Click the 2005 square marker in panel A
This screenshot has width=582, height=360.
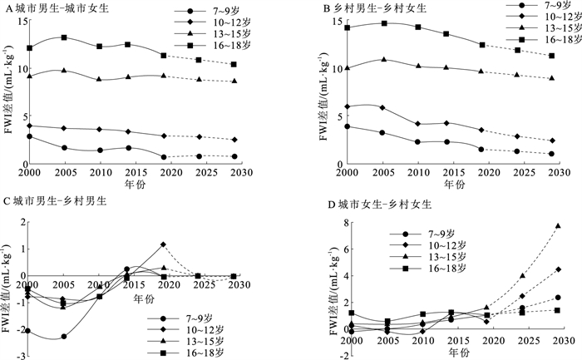pos(64,37)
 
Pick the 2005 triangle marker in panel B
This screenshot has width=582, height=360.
pos(360,59)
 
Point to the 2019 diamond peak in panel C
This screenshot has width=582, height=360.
pos(163,244)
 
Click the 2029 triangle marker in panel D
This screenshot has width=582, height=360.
pos(558,225)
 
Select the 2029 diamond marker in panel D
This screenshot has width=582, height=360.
pos(558,269)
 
